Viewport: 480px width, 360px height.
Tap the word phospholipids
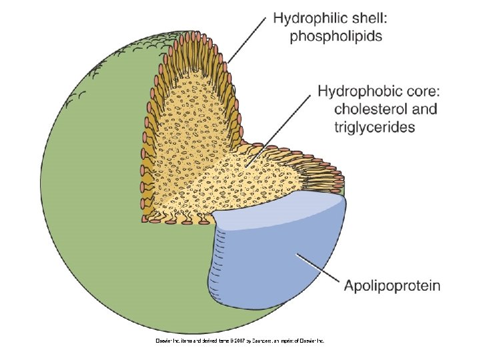336,37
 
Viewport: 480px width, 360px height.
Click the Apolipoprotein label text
392,286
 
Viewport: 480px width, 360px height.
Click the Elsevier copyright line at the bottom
240,341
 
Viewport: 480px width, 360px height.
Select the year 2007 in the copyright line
237,341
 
